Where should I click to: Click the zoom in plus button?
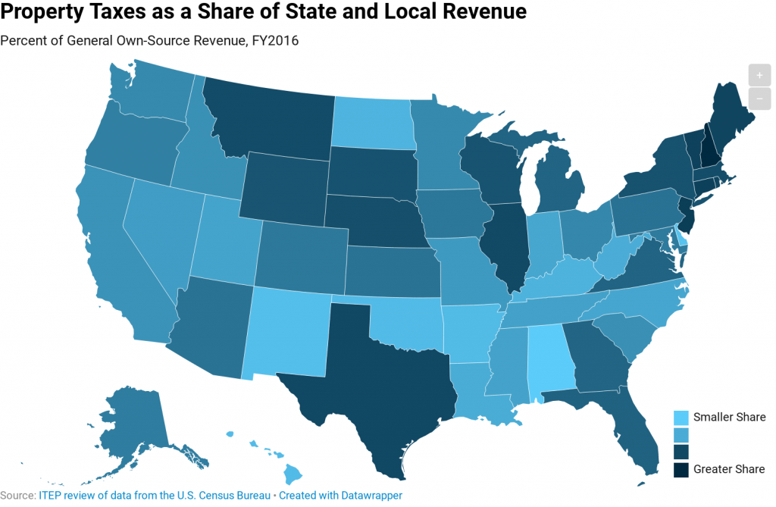759,76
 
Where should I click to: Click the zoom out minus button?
759,99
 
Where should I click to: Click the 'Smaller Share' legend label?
729,418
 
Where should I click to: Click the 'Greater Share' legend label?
729,469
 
